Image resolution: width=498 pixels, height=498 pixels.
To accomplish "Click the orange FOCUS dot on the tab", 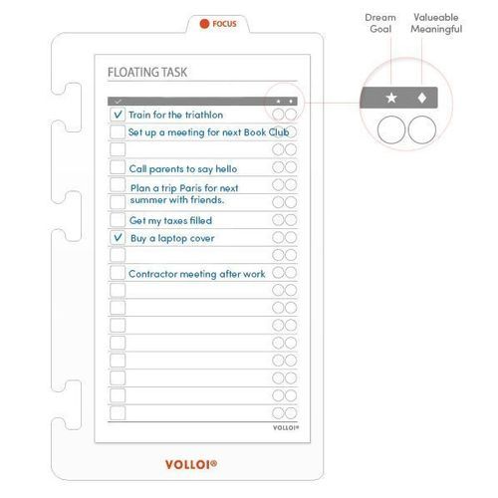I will point(204,23).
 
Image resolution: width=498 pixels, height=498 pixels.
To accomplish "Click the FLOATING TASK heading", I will point(147,73).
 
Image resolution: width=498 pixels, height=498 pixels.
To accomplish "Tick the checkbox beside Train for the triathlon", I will point(118,115).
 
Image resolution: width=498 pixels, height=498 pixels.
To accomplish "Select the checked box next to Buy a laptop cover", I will point(118,238).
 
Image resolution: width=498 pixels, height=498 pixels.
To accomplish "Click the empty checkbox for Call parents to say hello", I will point(118,168).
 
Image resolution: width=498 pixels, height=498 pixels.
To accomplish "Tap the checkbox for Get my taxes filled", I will point(118,220).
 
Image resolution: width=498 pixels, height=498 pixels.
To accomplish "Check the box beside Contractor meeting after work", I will point(118,273).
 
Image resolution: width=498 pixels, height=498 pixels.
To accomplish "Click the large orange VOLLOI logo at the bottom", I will point(191,463).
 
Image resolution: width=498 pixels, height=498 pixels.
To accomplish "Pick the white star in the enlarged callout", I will point(391,98).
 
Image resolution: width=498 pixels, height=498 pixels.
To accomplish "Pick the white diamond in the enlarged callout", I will point(422,98).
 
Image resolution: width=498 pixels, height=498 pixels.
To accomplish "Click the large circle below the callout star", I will point(391,129).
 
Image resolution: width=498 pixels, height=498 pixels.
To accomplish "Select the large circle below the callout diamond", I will point(422,129).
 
